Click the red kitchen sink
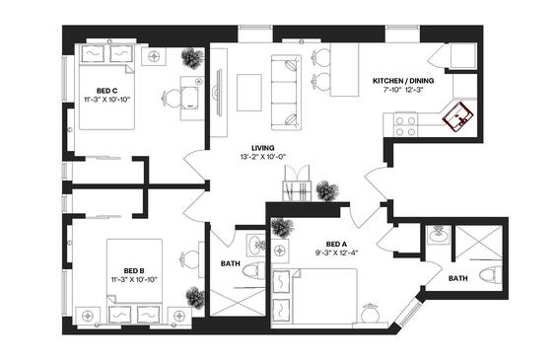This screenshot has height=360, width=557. click(458, 116)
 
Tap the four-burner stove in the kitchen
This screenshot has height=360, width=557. click(405, 126)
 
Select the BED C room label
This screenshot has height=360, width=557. click(106, 91)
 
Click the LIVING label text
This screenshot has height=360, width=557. click(263, 148)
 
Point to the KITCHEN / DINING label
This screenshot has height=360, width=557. click(403, 81)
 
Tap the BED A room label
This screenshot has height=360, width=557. click(336, 245)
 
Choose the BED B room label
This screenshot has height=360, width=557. click(134, 271)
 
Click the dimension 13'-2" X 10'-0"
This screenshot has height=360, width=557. click(263, 157)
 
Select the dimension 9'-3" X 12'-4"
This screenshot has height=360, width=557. click(336, 253)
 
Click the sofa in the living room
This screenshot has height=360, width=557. click(286, 93)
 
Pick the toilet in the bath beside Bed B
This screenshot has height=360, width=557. click(253, 272)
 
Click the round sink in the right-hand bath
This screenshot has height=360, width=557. click(438, 235)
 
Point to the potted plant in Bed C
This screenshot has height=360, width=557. click(192, 58)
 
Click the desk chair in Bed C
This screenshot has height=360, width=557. click(172, 97)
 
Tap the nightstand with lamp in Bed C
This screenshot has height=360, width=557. click(154, 56)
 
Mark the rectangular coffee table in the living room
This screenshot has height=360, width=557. click(249, 93)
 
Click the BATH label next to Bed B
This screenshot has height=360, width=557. click(230, 263)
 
